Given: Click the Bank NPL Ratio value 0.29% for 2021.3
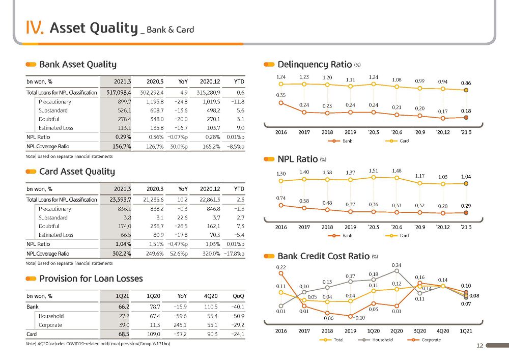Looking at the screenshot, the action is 123,137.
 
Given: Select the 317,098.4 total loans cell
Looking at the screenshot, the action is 119,93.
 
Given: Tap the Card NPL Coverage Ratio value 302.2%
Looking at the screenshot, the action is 122,254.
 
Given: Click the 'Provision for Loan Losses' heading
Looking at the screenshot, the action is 91,279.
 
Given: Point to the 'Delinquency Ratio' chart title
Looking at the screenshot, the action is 315,65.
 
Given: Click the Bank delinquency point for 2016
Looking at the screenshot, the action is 281,103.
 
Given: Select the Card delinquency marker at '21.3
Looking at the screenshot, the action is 466,90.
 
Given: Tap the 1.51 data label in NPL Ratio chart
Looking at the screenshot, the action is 373,171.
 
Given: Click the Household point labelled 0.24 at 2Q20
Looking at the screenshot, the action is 397,271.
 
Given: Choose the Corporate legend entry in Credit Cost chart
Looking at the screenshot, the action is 425,340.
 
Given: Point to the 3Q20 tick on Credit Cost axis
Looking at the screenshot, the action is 420,331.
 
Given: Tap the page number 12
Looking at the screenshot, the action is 480,346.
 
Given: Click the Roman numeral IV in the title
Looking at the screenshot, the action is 35,27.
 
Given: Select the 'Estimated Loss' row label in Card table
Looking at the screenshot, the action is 56,235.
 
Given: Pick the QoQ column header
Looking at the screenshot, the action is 238,296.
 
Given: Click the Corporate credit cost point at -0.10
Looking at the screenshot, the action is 350,316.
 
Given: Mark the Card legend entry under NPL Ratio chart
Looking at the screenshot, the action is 397,236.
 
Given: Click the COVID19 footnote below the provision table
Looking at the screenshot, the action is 98,344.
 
